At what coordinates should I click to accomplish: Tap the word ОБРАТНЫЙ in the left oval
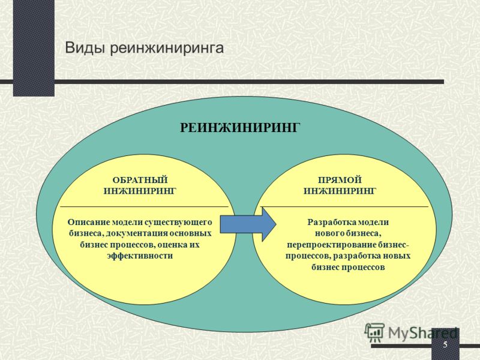point(140,179)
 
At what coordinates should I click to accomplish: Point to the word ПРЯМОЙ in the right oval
point(340,179)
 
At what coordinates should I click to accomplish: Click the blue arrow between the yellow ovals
point(248,224)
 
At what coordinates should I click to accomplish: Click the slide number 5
point(445,344)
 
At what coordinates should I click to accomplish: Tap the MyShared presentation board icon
point(374,332)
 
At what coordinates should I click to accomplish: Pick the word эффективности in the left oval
point(140,256)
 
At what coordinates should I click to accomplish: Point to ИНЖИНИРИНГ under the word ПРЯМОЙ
point(340,191)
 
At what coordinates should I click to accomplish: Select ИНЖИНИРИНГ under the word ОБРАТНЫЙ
point(140,191)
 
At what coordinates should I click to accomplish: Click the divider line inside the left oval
point(144,207)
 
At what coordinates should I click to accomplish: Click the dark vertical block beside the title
point(34,48)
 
